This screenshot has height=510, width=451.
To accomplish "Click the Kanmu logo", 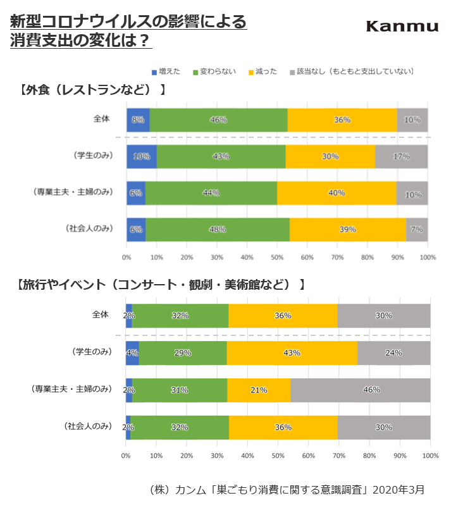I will pos(402,26).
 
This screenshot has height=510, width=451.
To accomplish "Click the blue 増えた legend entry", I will pos(167,72).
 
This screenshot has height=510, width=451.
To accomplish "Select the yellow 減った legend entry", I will pos(262,72).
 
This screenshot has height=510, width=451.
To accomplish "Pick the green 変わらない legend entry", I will pos(214,72).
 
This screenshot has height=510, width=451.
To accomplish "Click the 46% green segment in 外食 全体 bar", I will pos(218,120).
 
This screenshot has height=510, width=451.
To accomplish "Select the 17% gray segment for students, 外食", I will pos(401,156).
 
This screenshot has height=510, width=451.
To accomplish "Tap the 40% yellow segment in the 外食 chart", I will pos(337,193).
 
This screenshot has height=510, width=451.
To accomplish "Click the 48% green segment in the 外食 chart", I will pos(218,230).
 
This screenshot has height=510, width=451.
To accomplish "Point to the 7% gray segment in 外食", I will pos(416,230).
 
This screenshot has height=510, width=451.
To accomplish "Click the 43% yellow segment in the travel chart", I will pos(292,352).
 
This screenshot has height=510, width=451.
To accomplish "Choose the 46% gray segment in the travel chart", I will pos(361,390).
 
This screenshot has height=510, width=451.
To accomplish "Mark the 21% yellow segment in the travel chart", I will pos(258,390).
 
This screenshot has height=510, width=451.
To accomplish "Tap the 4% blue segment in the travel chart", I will pos(132,352).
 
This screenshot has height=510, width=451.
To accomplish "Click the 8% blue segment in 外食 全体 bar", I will pos(138,120).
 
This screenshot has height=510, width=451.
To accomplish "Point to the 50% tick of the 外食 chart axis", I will pos(277,258).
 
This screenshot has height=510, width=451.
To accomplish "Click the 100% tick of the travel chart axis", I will pos(430,455).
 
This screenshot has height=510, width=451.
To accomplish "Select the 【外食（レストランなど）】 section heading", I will pos(93,90).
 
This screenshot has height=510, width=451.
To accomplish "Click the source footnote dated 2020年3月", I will pos(287,489).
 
